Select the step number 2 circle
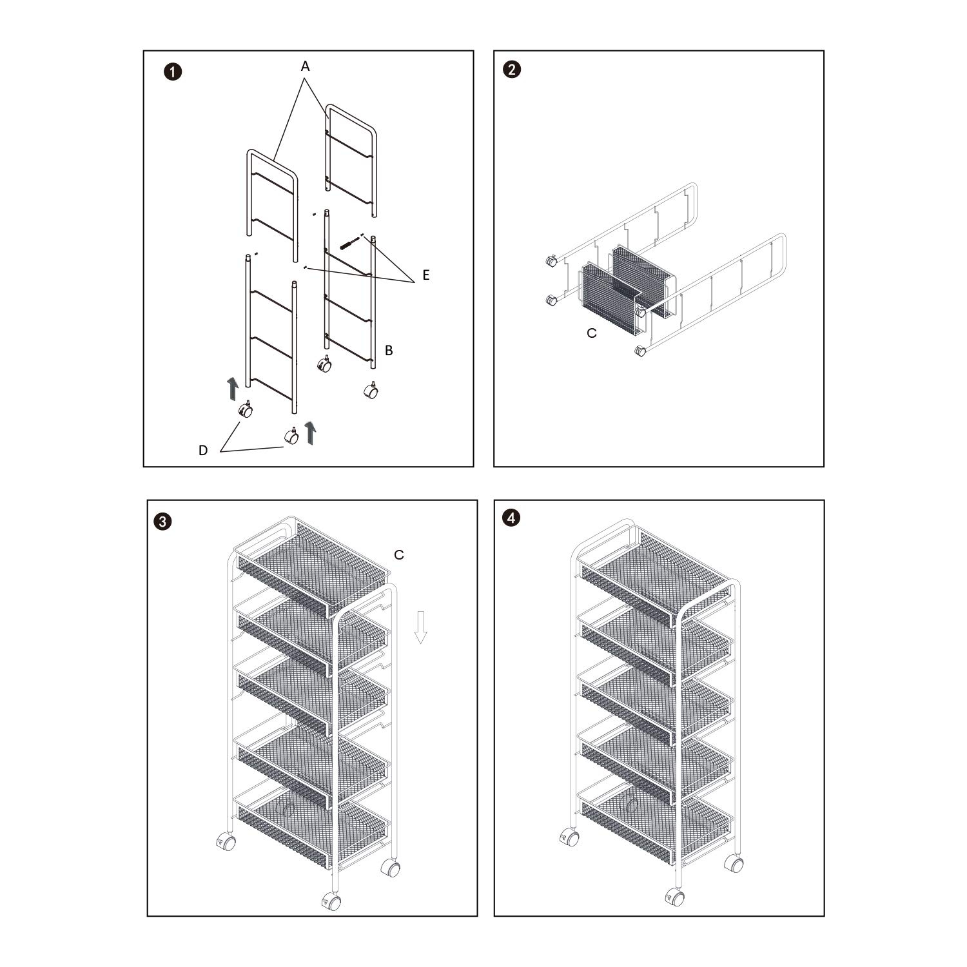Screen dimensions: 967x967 [x=512, y=70]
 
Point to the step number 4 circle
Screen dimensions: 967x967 [x=512, y=518]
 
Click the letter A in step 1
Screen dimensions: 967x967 [x=306, y=66]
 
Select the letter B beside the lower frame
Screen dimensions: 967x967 [x=389, y=350]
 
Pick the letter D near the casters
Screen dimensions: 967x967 [x=203, y=451]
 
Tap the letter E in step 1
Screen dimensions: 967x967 [x=425, y=275]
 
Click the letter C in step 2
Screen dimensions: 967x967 [x=592, y=333]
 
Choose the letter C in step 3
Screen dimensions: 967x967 [x=399, y=554]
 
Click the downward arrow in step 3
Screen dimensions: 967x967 [x=421, y=627]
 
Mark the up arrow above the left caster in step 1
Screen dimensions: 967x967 [x=233, y=389]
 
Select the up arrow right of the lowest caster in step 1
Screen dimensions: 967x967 [x=311, y=433]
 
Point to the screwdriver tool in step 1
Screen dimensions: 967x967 [x=349, y=244]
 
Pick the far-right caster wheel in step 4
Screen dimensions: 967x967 [x=734, y=863]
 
